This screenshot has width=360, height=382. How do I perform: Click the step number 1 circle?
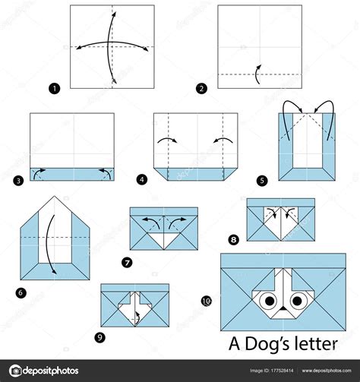pyautogui.click(x=54, y=89)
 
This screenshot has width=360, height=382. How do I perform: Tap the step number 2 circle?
pyautogui.click(x=201, y=89)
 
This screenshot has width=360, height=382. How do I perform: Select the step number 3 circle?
pyautogui.click(x=18, y=181)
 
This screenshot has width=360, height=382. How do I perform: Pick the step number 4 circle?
pyautogui.click(x=142, y=180)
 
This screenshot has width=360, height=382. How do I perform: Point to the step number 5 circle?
pyautogui.click(x=262, y=181)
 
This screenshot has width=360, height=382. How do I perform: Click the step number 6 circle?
pyautogui.click(x=21, y=293)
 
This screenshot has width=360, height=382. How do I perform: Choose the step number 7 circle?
pyautogui.click(x=127, y=263)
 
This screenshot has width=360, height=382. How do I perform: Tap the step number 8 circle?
pyautogui.click(x=233, y=239)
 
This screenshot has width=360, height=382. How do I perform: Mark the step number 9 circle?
pyautogui.click(x=99, y=337)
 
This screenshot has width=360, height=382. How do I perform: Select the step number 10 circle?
pyautogui.click(x=207, y=301)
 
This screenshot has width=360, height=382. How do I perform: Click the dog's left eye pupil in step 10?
pyautogui.click(x=270, y=301)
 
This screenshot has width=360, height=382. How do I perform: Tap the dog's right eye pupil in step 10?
pyautogui.click(x=297, y=301)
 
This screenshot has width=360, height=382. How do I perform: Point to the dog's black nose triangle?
pyautogui.click(x=283, y=308)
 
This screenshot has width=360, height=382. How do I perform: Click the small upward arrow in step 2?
pyautogui.click(x=257, y=74)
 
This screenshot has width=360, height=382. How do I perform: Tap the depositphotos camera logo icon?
pyautogui.click(x=15, y=371)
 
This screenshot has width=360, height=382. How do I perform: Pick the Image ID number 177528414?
pyautogui.click(x=282, y=371)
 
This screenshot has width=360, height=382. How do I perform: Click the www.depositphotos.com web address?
pyautogui.click(x=327, y=371)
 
